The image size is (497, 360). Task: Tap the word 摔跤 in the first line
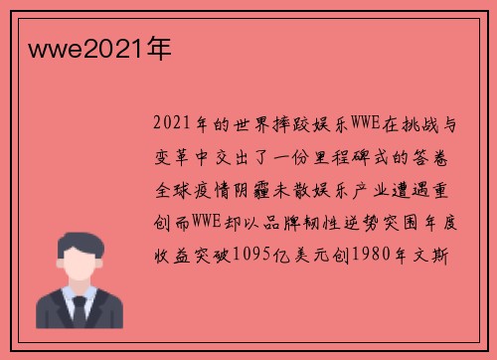tap(277, 126)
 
